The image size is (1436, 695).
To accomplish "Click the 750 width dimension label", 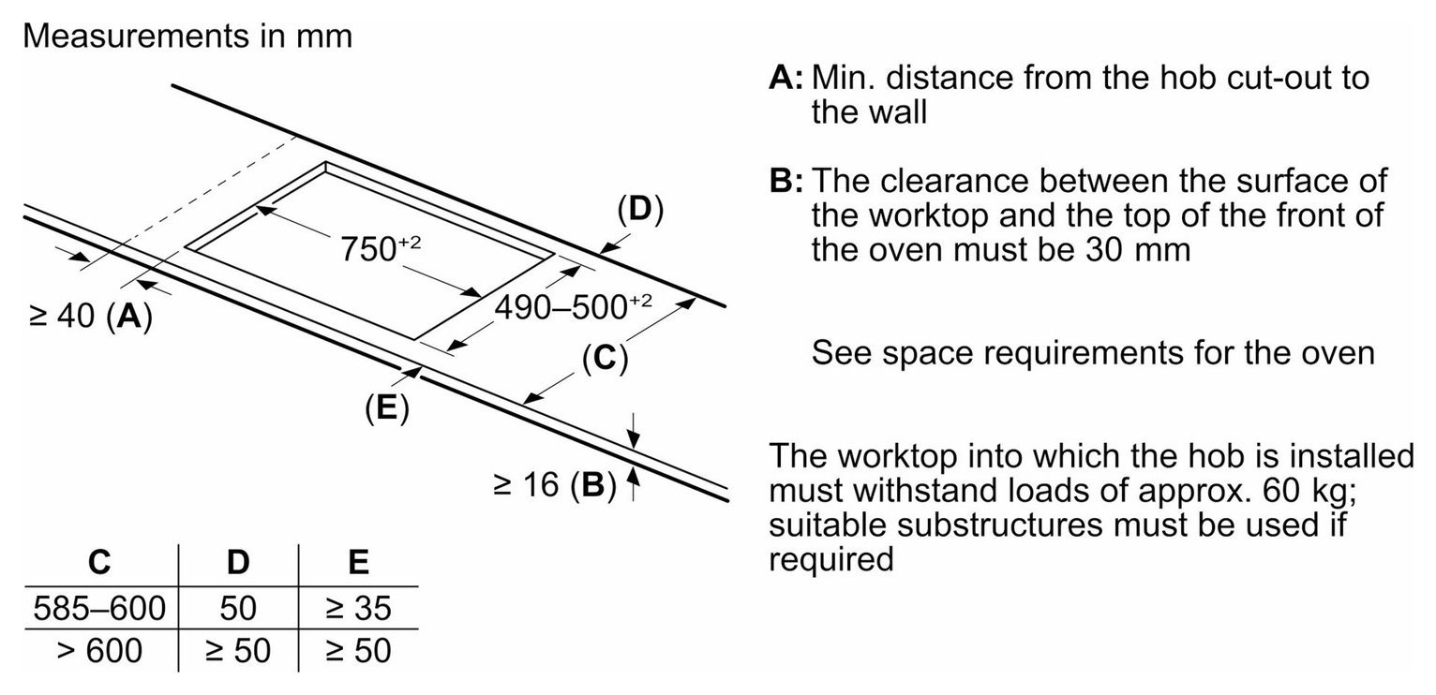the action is click(x=381, y=248).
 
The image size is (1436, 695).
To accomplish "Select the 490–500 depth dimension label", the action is click(x=574, y=307).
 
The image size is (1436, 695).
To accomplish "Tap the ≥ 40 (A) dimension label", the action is click(x=91, y=316).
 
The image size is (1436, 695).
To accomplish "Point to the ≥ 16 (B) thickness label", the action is click(x=555, y=484).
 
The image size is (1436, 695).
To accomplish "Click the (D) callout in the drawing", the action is click(x=640, y=210).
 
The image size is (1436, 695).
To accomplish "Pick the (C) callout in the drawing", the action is click(x=605, y=358).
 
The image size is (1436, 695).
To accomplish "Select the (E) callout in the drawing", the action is click(x=386, y=408).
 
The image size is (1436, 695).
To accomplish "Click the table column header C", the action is click(x=99, y=562).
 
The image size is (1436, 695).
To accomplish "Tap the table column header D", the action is click(x=238, y=562).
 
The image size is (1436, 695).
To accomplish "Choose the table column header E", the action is click(x=358, y=562).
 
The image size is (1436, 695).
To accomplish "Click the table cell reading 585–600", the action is click(x=99, y=608).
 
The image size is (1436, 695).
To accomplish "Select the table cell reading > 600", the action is click(x=99, y=651).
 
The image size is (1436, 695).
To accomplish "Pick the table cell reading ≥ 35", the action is click(x=358, y=608).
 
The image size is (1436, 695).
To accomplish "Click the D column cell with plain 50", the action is click(x=238, y=608).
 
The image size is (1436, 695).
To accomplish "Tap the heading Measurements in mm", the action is click(x=187, y=36).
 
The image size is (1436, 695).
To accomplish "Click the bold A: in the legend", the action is click(x=785, y=78).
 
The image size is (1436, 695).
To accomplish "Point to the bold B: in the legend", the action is click(x=785, y=181).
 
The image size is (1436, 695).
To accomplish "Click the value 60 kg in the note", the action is click(x=1308, y=491).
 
